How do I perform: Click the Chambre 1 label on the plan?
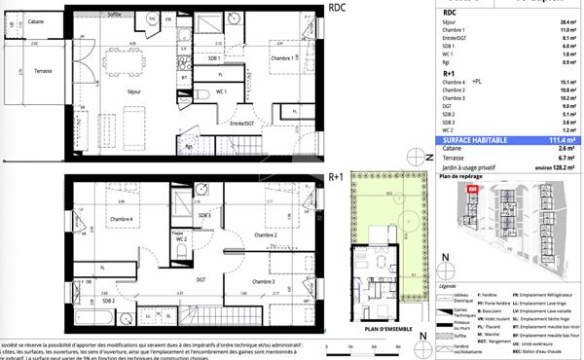(282, 60)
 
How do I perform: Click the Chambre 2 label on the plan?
(266, 235)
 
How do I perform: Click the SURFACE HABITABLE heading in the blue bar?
(475, 140)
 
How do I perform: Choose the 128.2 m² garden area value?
(564, 165)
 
